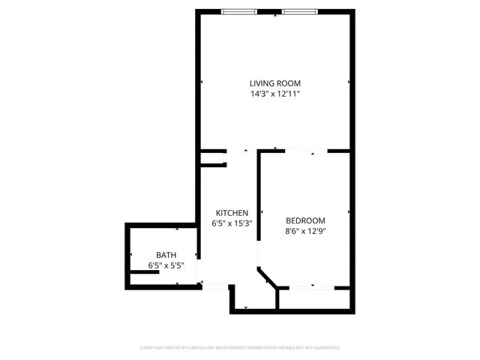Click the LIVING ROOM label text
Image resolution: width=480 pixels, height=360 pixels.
[x=275, y=83]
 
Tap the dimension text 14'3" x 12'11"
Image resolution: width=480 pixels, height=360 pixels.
[x=275, y=94]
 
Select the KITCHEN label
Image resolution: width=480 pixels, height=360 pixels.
[x=232, y=213]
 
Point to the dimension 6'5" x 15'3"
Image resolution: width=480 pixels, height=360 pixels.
[x=232, y=223]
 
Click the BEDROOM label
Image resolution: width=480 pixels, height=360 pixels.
[x=306, y=220]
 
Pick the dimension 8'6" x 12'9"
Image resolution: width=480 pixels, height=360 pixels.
[x=306, y=231]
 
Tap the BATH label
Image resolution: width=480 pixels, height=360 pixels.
[x=166, y=256]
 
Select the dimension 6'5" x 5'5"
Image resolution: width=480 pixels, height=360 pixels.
[x=166, y=266]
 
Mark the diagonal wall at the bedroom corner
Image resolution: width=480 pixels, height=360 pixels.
[x=267, y=277]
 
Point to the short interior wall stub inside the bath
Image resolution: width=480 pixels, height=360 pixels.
[x=143, y=273]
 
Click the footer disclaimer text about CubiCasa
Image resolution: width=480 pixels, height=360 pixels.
[x=240, y=348]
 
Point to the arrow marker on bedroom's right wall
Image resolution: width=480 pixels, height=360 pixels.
[x=349, y=212]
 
